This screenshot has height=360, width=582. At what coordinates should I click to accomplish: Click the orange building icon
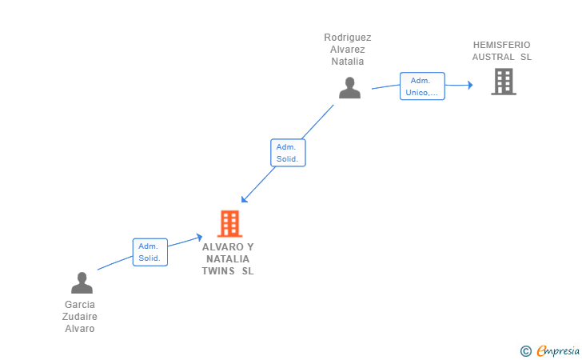229,224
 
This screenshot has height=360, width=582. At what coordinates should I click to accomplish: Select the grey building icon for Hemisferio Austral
504,82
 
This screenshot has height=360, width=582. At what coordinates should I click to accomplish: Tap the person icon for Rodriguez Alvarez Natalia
349,88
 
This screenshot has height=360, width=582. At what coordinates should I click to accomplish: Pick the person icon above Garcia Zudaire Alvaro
82,282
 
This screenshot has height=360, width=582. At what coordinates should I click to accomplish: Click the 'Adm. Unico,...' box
422,86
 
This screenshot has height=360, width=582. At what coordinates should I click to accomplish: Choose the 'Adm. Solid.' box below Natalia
288,153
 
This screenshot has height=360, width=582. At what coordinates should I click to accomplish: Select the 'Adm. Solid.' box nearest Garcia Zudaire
150,252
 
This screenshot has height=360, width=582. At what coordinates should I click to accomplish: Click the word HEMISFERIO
501,45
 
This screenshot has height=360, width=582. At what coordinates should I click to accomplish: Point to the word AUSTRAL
493,57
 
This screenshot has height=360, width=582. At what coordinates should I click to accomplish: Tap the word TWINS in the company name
218,271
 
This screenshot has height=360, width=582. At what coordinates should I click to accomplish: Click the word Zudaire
79,317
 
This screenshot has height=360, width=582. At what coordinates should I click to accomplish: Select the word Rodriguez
348,38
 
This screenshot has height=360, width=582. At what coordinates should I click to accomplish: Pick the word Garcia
80,305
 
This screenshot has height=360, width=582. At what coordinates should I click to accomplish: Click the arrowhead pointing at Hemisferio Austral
470,85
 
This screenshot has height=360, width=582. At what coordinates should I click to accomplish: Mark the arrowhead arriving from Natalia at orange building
244,199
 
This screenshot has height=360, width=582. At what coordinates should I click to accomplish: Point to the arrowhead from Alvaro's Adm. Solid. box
199,237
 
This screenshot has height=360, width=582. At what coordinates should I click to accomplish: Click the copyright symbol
525,351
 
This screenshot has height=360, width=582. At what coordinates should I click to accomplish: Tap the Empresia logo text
558,351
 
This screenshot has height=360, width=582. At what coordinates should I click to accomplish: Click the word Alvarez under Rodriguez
348,50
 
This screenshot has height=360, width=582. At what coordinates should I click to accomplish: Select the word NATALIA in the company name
228,259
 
